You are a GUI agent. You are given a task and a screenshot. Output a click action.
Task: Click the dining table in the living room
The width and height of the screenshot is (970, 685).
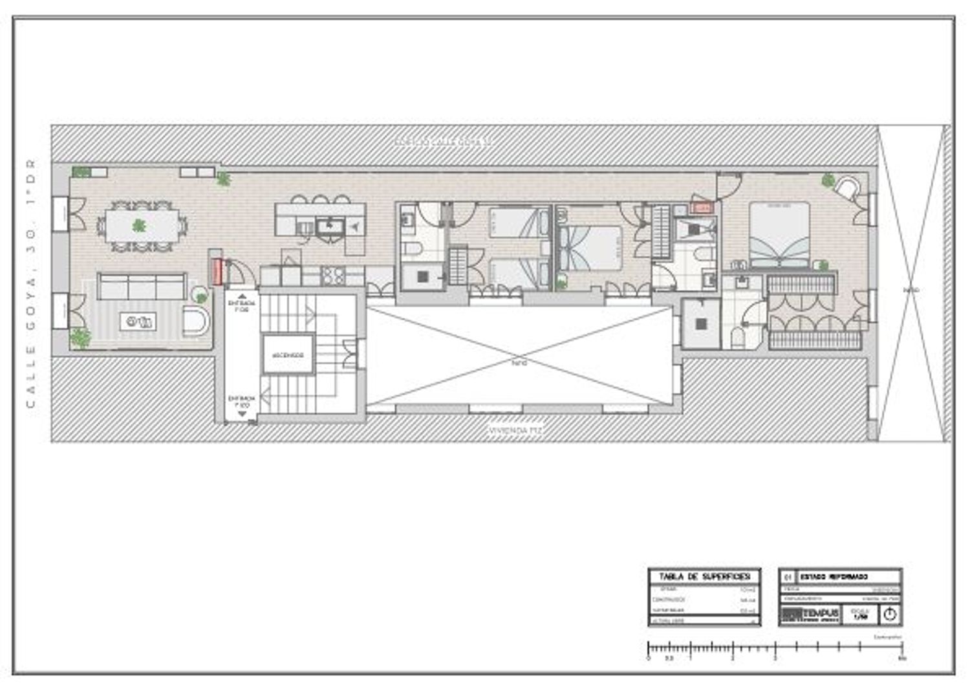pos(142,226)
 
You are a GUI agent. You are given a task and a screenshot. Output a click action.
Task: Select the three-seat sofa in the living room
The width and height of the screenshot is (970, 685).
pos(142,287)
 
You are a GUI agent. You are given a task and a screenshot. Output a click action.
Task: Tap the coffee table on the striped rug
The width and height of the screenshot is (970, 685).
pos(138,321)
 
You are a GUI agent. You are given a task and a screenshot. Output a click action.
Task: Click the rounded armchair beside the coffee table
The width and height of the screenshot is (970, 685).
pos(196,321)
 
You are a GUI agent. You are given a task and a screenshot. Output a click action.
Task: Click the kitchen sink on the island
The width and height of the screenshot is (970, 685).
pos(330,226)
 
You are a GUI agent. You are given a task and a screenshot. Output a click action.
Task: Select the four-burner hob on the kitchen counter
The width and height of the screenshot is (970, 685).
pos(334,276)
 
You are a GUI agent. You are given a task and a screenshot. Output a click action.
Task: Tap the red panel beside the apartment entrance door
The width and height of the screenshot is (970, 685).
pos(217,272)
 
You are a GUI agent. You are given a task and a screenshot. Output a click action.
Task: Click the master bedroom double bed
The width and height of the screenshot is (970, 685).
pos(779,234)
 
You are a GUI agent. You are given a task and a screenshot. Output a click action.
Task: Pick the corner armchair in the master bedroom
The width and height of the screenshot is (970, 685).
pos(847,188)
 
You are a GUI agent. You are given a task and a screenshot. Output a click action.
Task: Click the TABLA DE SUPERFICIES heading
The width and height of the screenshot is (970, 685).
pos(704,576)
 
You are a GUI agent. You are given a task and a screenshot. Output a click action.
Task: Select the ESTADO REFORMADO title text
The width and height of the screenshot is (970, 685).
pos(834,576)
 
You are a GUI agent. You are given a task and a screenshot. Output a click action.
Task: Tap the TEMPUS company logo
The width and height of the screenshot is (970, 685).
pos(810,614)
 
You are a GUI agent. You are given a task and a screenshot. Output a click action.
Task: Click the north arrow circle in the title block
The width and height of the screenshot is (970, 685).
pos(890,614)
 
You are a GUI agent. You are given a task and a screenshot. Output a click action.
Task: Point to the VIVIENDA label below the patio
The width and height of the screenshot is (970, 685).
pos(515,429)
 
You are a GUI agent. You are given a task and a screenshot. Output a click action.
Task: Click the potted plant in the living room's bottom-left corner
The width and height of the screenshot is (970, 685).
pos(81,337)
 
